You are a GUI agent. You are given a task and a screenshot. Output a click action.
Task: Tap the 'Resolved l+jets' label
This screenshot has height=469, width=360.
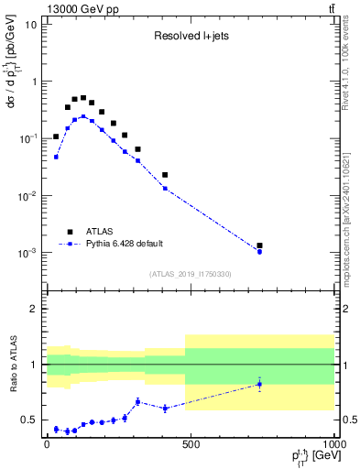[191, 38]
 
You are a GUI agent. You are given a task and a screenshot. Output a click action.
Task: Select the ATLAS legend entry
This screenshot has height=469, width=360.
[94, 231]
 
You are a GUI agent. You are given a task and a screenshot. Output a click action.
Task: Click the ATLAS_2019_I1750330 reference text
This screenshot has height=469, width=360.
[191, 274]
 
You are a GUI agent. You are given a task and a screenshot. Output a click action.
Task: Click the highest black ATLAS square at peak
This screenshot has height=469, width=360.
[83, 98]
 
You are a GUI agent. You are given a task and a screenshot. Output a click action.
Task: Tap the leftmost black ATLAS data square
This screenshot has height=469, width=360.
[56, 136]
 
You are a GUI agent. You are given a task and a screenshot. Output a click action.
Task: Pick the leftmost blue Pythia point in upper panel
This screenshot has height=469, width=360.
[56, 157]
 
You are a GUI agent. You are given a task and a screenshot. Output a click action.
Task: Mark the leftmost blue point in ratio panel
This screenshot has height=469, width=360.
[56, 429]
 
